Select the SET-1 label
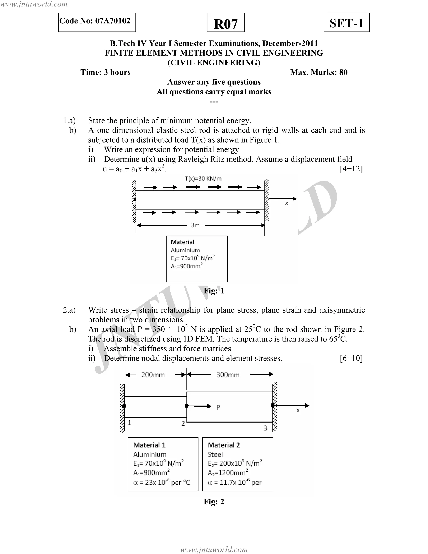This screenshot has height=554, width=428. (346, 23)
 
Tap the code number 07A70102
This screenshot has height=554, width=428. (113, 21)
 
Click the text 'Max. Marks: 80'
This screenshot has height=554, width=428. (319, 72)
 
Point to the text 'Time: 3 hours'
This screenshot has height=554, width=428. (106, 72)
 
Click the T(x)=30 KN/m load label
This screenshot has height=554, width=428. (203, 179)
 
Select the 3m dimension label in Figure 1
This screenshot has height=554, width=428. (195, 225)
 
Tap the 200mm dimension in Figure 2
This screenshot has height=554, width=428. (153, 375)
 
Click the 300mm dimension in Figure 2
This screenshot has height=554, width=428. (228, 375)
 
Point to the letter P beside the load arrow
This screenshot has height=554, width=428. (218, 407)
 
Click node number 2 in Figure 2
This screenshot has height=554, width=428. (183, 424)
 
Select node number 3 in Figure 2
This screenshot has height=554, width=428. (265, 428)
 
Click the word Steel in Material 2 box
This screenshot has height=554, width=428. (215, 454)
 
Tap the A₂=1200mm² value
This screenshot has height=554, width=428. (228, 473)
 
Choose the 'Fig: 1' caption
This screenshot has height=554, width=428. (214, 291)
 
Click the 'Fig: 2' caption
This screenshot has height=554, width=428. (214, 502)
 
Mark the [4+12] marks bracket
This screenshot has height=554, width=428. (351, 169)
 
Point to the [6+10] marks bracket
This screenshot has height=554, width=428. (351, 358)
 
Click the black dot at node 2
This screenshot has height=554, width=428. (187, 406)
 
